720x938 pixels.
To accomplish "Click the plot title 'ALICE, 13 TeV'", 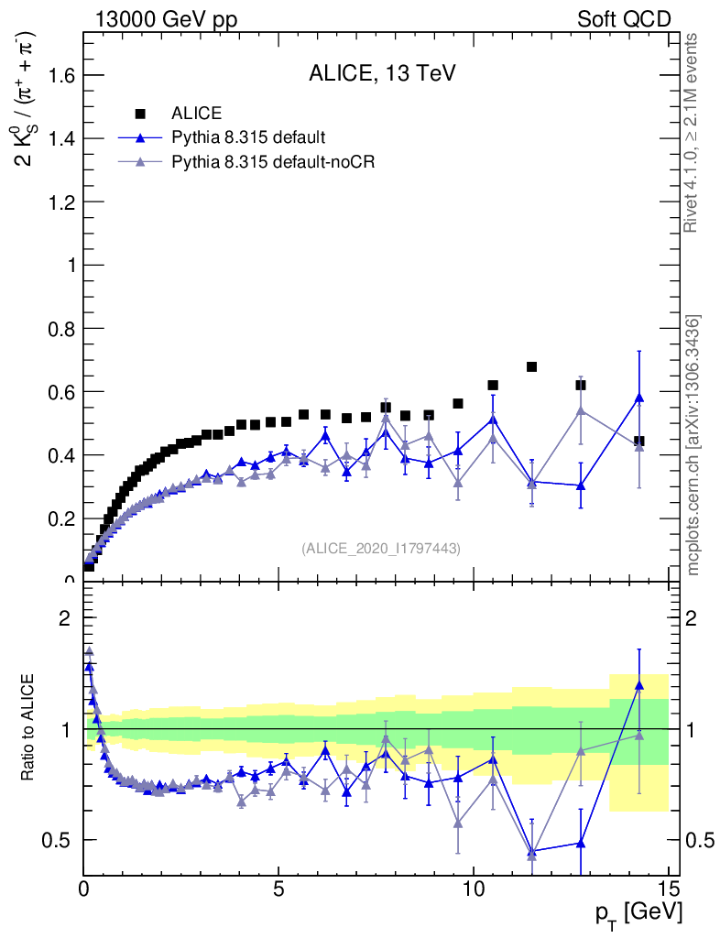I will pyautogui.click(x=382, y=75).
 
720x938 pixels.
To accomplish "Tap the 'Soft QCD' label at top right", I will pyautogui.click(x=624, y=19).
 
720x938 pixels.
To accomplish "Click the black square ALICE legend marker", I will pyautogui.click(x=140, y=114).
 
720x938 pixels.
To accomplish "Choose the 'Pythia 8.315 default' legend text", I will pyautogui.click(x=248, y=138).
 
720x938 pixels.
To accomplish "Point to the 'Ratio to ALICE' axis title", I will pyautogui.click(x=28, y=729).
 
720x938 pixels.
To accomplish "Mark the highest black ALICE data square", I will pyautogui.click(x=531, y=367).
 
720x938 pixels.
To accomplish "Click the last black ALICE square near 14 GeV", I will pyautogui.click(x=638, y=441).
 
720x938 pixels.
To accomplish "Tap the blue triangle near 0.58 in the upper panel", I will pyautogui.click(x=638, y=398).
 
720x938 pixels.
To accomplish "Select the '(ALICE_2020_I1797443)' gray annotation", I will pyautogui.click(x=380, y=548).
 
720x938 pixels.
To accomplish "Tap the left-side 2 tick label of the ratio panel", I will pyautogui.click(x=65, y=618).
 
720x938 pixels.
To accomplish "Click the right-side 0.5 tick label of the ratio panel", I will pyautogui.click(x=698, y=840).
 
